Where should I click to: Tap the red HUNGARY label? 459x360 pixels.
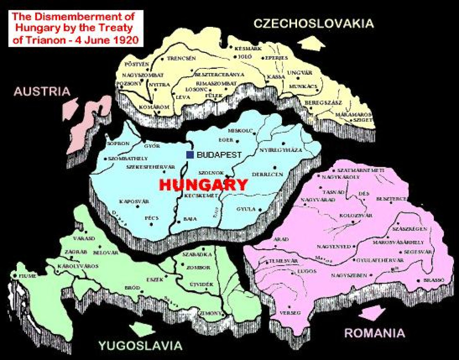(x=204, y=185)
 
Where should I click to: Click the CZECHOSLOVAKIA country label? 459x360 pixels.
(x=313, y=24)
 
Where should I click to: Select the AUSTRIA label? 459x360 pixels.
(x=42, y=92)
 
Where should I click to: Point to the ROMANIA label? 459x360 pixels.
(x=375, y=333)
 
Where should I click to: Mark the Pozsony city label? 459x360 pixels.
(x=126, y=83)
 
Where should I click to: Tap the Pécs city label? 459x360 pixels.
(x=152, y=218)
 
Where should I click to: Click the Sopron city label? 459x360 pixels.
(x=116, y=143)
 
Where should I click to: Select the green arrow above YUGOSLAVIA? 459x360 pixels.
(x=141, y=328)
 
